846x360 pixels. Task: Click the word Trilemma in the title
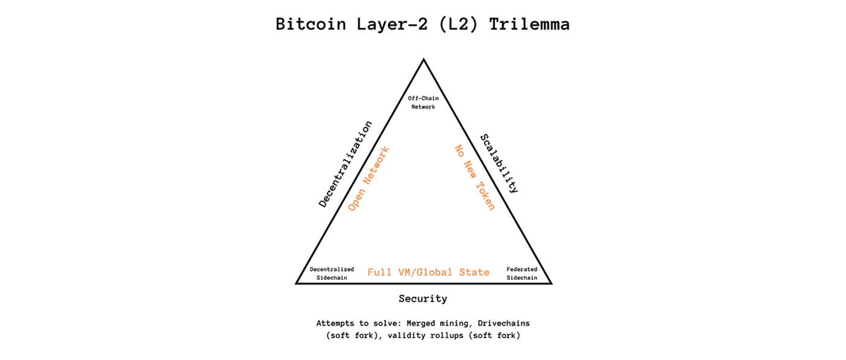point(529,24)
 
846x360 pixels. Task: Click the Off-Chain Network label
point(423,102)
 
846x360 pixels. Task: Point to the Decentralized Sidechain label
point(332,273)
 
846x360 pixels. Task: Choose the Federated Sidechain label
point(522,273)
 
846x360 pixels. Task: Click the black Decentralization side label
point(345,164)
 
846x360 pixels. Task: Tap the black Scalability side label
point(499,163)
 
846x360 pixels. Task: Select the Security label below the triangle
point(423,298)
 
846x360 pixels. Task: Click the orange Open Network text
point(369,178)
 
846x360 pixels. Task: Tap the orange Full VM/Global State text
point(428,272)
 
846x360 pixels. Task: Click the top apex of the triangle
point(424,60)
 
